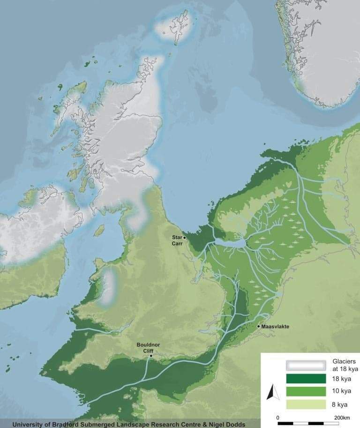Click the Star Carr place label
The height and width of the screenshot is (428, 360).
pyautogui.click(x=177, y=240)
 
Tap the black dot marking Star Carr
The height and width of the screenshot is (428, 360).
pyautogui.click(x=185, y=238)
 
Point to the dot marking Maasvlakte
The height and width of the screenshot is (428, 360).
pyautogui.click(x=259, y=326)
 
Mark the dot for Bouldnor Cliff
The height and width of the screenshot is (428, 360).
pyautogui.click(x=151, y=356)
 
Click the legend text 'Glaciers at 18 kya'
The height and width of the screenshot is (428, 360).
pyautogui.click(x=344, y=365)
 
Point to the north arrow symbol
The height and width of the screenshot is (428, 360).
pyautogui.click(x=270, y=392)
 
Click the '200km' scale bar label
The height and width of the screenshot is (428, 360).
pyautogui.click(x=342, y=417)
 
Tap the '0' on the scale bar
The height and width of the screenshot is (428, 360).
pyautogui.click(x=278, y=417)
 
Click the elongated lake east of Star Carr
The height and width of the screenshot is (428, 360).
pyautogui.click(x=230, y=243)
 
